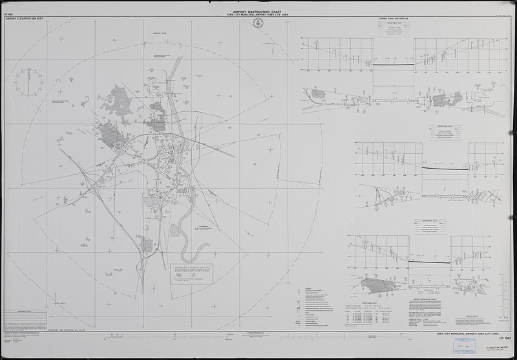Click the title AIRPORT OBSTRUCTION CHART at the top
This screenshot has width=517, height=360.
[258, 12]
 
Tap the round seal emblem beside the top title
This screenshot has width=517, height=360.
[258, 23]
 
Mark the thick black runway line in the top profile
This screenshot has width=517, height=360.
[393, 65]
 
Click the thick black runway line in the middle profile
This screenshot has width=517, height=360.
[445, 169]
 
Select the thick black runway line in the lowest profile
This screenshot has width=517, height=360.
[429, 262]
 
